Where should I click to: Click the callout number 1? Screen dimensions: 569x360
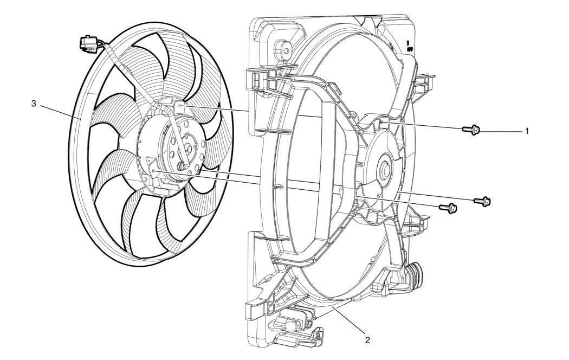527,131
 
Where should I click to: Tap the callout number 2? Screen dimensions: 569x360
367,340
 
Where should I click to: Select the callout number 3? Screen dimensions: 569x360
34,104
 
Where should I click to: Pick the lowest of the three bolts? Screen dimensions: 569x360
448,208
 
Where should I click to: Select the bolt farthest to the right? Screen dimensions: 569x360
482,201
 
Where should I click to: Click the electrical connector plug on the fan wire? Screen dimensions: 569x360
86,43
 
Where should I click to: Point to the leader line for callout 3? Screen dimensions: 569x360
60,112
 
